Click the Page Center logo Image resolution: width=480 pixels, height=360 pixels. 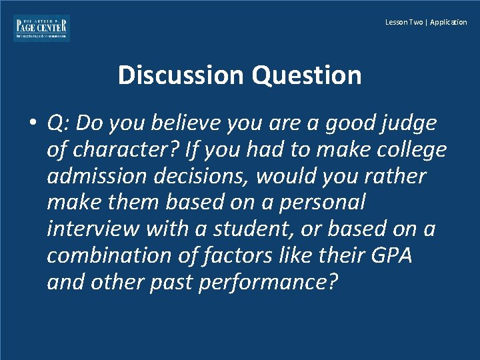41,28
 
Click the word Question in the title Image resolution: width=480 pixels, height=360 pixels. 307,75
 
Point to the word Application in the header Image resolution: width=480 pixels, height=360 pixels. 449,23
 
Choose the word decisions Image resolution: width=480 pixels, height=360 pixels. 199,176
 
